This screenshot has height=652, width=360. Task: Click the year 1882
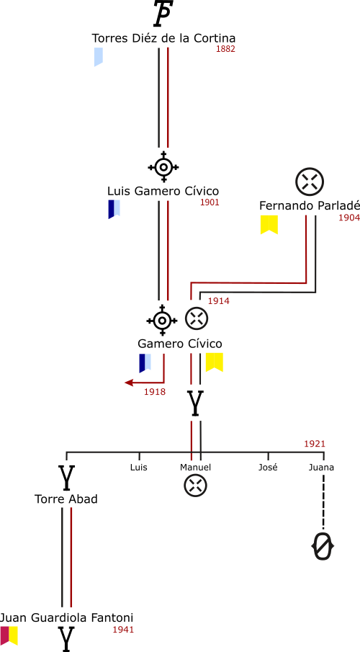[x=225, y=49]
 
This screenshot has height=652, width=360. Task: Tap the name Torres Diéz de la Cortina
[x=163, y=38]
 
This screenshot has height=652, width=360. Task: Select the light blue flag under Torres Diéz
[x=99, y=57]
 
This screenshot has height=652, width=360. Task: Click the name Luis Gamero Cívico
[x=163, y=191]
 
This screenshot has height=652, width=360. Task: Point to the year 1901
[x=210, y=202]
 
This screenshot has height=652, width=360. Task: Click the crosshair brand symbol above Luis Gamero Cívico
[x=163, y=167]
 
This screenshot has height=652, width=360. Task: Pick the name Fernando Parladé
[x=309, y=206]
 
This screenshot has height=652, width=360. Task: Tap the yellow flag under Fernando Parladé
[x=269, y=225]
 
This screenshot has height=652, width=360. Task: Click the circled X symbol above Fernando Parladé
[x=310, y=182]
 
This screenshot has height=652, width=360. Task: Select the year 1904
[x=348, y=218]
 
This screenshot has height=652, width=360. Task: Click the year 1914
[x=219, y=301]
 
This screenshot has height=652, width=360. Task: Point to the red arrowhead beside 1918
[x=130, y=383]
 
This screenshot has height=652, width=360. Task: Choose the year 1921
[x=314, y=444]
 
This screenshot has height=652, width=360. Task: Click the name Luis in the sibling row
[x=139, y=468]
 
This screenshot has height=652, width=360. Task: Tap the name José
[x=268, y=468]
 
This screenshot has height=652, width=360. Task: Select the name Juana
[x=321, y=468]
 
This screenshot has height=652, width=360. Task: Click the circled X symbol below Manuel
[x=195, y=486]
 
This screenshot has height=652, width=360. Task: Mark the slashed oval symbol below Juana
[x=323, y=545]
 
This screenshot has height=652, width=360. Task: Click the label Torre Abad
[x=66, y=499]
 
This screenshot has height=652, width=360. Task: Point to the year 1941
[x=123, y=630]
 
